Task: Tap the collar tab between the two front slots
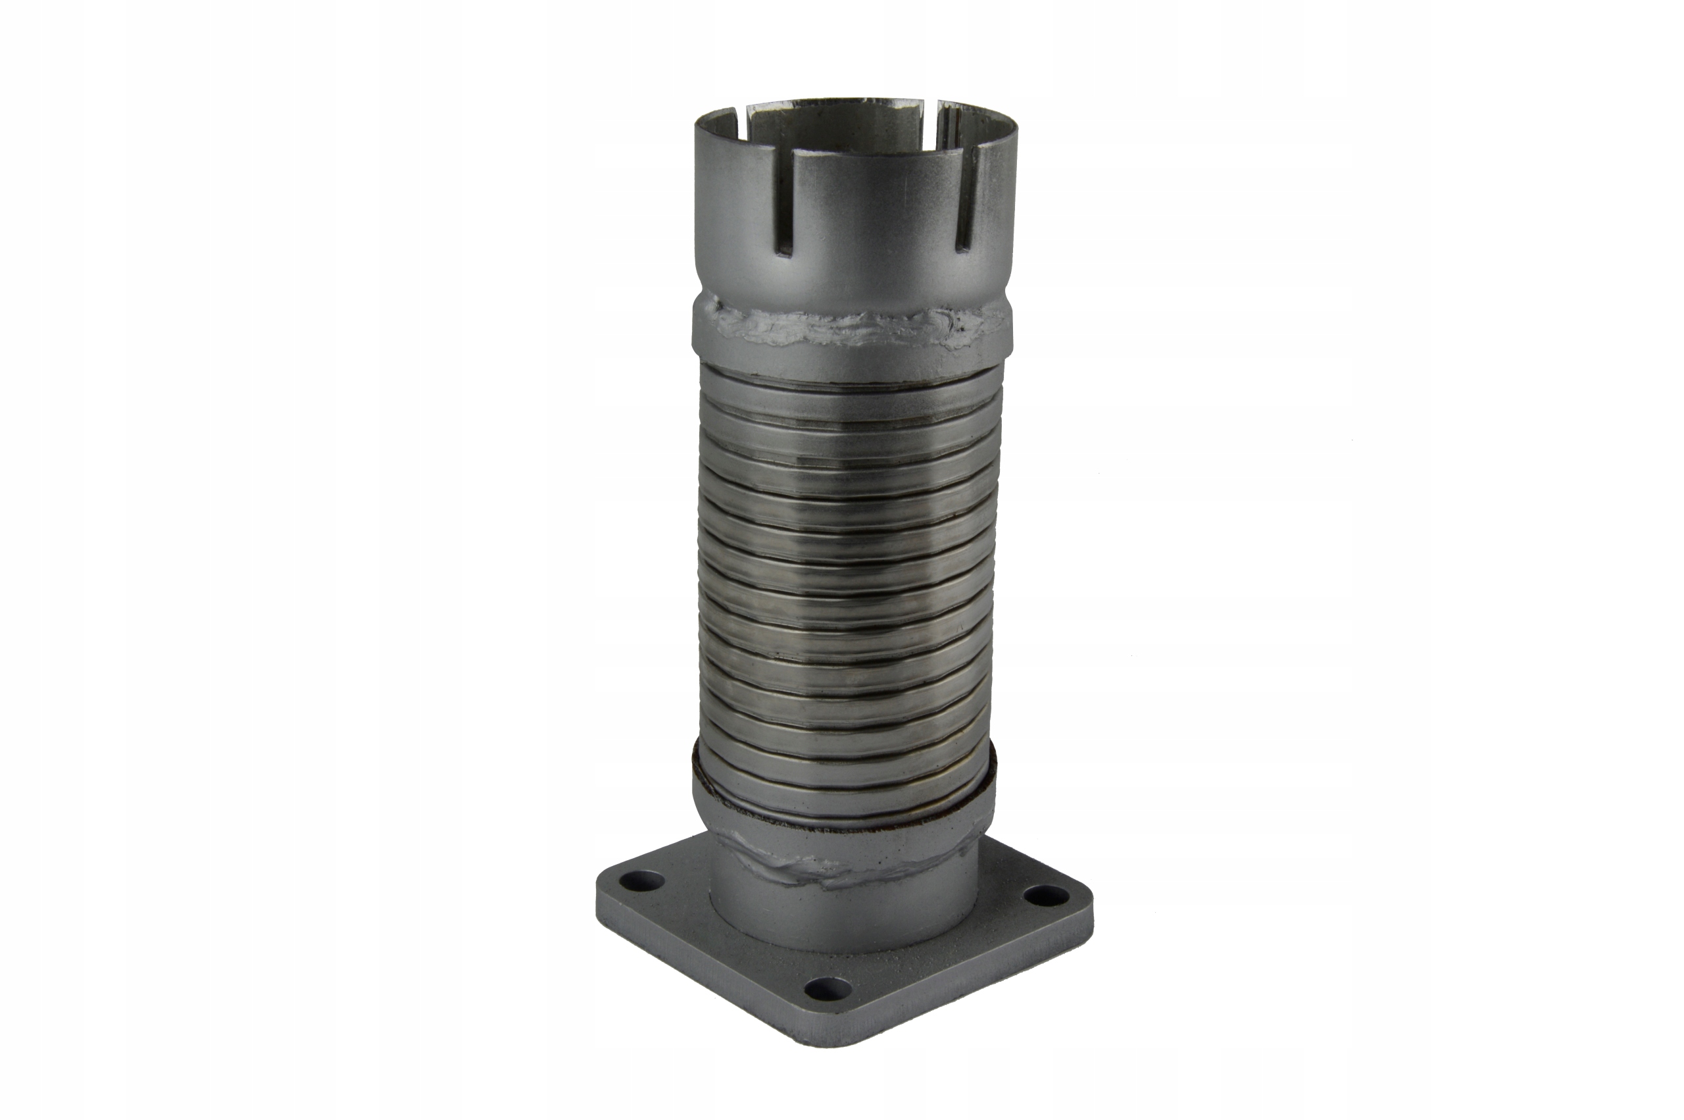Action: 874,215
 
